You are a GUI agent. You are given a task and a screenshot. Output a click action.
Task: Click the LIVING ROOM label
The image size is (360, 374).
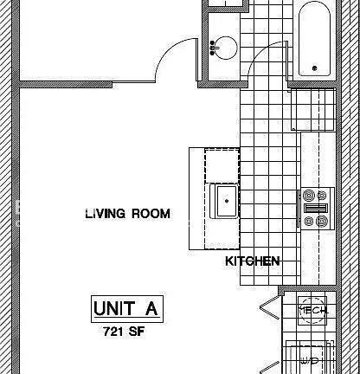click(x=127, y=213)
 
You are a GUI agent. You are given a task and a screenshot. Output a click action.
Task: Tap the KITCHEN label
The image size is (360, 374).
click(x=252, y=261)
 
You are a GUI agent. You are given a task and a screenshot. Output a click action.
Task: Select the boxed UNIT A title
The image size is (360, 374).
click(x=127, y=309)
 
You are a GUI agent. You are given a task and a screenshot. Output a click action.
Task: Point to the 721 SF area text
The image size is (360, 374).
click(x=125, y=332)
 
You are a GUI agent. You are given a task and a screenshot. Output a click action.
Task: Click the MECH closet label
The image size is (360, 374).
click(x=312, y=310)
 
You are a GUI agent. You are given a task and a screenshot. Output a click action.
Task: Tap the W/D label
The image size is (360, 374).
click(x=310, y=359)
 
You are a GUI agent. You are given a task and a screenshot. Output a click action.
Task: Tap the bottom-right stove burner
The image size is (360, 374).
click(x=322, y=222)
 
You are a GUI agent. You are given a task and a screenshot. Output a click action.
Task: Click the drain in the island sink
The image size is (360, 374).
click(x=228, y=202)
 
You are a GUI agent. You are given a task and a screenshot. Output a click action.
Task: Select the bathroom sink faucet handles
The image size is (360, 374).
click(x=213, y=47)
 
